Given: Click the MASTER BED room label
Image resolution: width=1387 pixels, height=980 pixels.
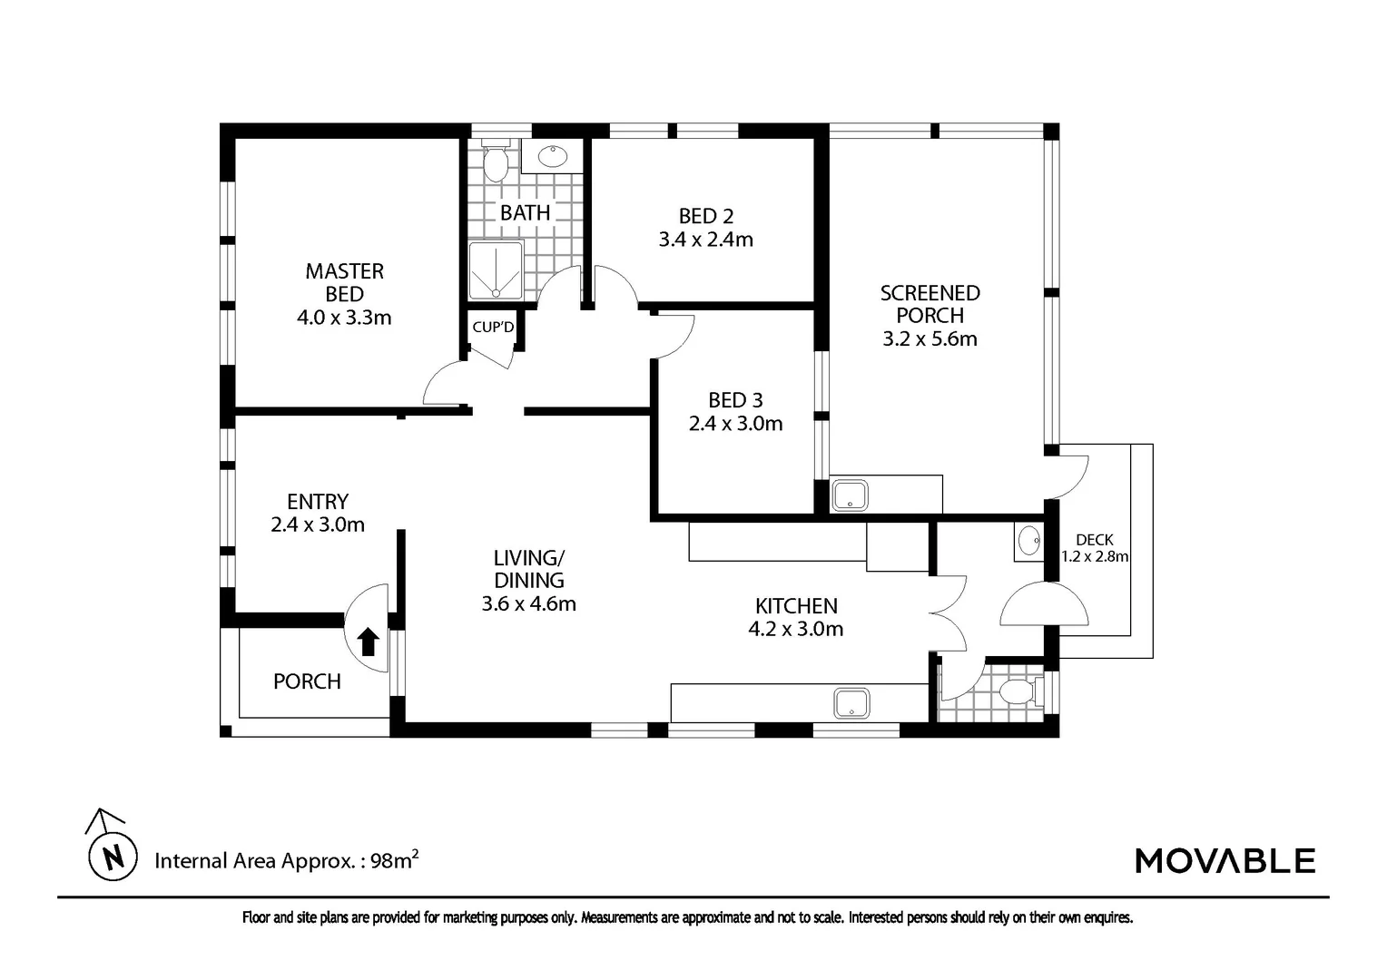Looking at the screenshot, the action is [x=344, y=282].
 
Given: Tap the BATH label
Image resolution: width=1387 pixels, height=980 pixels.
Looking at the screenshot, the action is [x=525, y=213].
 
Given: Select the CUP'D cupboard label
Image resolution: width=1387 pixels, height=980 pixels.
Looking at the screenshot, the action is [x=493, y=327].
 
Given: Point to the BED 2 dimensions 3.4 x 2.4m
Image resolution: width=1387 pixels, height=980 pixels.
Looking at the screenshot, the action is [x=706, y=239].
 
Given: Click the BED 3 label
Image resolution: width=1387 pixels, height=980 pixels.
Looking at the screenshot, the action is [x=735, y=400].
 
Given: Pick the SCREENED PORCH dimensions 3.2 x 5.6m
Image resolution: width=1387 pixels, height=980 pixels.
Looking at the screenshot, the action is [x=930, y=338].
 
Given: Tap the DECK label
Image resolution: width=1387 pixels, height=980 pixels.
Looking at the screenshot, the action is [x=1095, y=540].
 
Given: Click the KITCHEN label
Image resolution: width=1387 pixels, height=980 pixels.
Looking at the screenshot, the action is [x=796, y=605].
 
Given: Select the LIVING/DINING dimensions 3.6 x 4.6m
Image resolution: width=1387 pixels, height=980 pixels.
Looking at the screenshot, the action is [x=529, y=603].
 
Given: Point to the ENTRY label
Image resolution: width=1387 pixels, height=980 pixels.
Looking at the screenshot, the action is [x=318, y=502].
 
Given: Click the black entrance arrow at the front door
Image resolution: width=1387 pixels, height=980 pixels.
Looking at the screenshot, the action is [x=369, y=642].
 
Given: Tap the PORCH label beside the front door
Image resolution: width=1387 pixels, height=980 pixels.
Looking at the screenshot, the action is [x=307, y=681].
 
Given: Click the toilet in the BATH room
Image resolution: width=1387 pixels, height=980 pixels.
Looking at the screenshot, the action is [x=495, y=161].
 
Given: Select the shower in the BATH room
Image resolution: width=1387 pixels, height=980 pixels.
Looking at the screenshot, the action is [x=496, y=270].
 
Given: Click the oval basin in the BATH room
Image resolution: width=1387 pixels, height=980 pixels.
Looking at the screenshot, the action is [x=552, y=157].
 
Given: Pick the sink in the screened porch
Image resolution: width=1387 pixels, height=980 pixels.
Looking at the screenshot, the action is [x=851, y=495].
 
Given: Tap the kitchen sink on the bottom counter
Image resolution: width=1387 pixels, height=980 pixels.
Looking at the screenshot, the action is [x=852, y=704].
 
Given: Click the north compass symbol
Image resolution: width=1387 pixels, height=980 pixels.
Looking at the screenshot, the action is [x=112, y=846].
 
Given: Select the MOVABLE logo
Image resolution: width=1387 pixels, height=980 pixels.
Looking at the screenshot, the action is [x=1225, y=861].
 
